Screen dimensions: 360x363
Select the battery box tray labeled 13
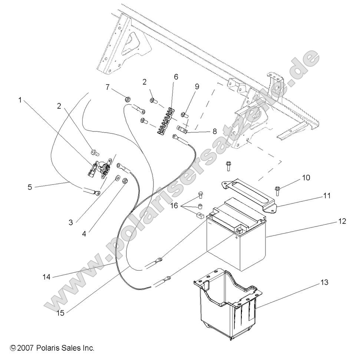(226, 304)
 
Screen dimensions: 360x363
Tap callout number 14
(46, 276)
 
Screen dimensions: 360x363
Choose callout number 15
(60, 313)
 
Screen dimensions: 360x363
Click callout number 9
(197, 86)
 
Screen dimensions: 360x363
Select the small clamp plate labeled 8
(181, 130)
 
